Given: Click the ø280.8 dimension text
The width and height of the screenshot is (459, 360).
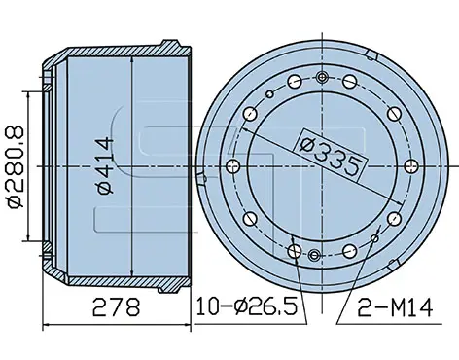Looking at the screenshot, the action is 15,166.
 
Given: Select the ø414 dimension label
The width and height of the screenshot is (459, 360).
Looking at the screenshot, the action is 106,165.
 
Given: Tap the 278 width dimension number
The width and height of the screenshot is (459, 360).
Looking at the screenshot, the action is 116,307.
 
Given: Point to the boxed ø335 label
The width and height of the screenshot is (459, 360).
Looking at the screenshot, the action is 331,155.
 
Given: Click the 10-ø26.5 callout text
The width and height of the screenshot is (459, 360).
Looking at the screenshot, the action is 246,306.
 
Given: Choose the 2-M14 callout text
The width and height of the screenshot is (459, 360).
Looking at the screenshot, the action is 395,307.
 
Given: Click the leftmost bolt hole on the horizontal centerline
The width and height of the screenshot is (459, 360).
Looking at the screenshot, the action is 232,166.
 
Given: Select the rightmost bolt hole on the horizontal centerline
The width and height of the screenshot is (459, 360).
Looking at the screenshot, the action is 412,166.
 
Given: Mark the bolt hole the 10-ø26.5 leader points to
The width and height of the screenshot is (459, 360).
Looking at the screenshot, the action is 295,251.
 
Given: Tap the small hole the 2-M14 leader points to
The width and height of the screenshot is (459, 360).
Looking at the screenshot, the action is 374,238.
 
